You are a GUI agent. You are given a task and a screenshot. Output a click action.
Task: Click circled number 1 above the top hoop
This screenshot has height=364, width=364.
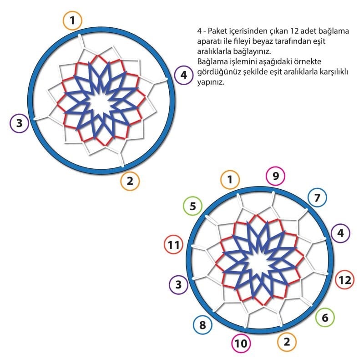tap(72, 20)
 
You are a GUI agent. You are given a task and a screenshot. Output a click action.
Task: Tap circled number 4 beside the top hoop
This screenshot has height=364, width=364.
tap(184, 75)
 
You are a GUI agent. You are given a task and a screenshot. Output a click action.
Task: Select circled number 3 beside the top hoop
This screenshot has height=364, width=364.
tap(19, 123)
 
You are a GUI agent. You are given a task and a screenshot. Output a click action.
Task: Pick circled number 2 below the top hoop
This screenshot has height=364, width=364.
tap(130, 181)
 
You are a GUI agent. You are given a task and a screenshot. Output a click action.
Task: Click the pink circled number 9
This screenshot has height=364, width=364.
tap(276, 176)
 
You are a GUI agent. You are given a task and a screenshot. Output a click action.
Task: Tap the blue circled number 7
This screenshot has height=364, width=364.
tap(317, 197)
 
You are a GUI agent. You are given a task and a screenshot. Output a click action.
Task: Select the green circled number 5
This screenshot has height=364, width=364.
tap(192, 206)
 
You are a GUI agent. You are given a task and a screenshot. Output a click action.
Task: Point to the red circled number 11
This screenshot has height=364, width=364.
tap(174, 245)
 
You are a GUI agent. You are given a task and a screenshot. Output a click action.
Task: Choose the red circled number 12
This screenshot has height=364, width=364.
tap(345, 280)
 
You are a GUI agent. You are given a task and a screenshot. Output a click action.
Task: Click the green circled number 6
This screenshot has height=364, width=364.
tap(325, 317)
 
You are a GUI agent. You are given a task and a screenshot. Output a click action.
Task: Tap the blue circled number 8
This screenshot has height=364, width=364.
tap(202, 325)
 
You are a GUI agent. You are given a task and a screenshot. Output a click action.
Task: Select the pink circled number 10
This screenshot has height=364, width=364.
tap(241, 343)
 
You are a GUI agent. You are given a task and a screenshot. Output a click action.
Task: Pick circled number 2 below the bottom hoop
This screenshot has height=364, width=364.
tap(287, 342)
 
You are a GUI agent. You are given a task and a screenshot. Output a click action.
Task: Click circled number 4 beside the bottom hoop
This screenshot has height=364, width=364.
tap(340, 233)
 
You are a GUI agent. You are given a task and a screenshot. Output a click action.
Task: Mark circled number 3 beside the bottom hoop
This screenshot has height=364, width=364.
tap(178, 285)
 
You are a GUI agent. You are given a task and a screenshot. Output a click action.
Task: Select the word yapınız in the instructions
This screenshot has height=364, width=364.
tap(211, 82)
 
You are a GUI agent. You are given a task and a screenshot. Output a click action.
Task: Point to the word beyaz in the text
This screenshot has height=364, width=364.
tap(263, 41)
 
